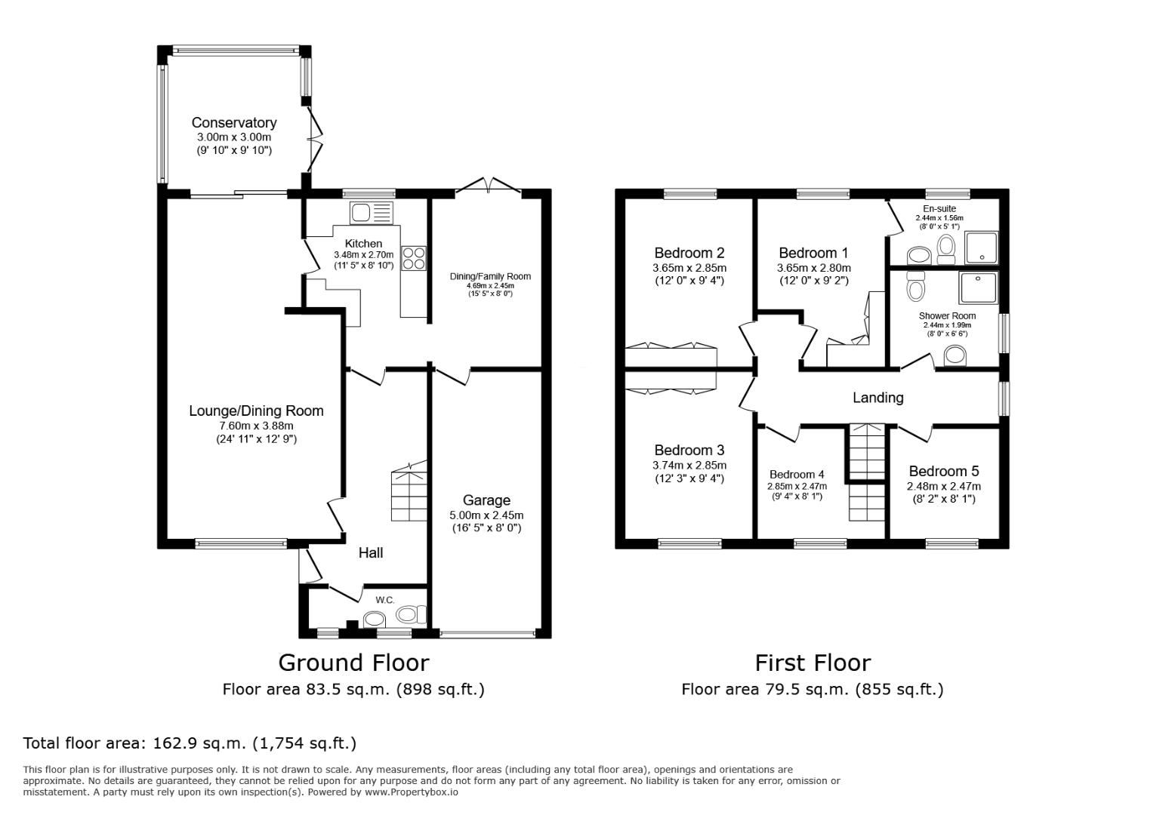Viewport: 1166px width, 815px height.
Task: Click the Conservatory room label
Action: (233, 122)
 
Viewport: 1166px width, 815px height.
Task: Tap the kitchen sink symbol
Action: (371, 213)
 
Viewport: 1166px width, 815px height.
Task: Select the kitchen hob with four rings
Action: (414, 258)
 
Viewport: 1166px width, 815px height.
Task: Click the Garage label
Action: (486, 500)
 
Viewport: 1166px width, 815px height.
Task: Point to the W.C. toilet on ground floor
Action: (410, 615)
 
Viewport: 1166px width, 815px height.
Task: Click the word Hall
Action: (370, 553)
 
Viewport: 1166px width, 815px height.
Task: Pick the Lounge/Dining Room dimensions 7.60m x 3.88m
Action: (256, 426)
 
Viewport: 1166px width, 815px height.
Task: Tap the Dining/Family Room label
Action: (490, 276)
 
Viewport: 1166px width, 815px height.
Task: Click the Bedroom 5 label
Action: (943, 471)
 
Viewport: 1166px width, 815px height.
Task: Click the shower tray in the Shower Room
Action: (978, 288)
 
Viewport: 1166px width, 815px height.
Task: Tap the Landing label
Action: (878, 398)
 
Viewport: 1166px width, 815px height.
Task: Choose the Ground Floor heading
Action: (353, 663)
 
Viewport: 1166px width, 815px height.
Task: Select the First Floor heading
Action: (813, 663)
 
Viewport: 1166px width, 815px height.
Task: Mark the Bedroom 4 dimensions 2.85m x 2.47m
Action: (797, 486)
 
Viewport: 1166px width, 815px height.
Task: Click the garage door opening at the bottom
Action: (489, 634)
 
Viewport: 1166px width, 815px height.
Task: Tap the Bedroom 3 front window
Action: (689, 543)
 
